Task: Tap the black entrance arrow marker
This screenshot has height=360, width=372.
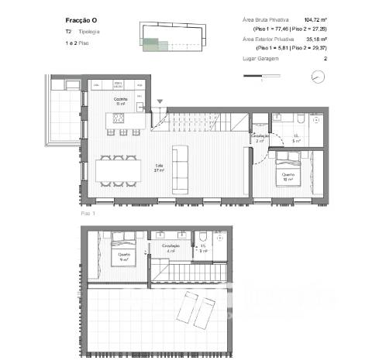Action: tap(160, 101)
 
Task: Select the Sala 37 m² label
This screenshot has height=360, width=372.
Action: tap(158, 167)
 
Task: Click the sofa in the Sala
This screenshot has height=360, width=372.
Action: tap(181, 170)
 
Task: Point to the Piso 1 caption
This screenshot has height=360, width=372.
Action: tap(88, 211)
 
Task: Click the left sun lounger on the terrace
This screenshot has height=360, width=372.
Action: tap(191, 311)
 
